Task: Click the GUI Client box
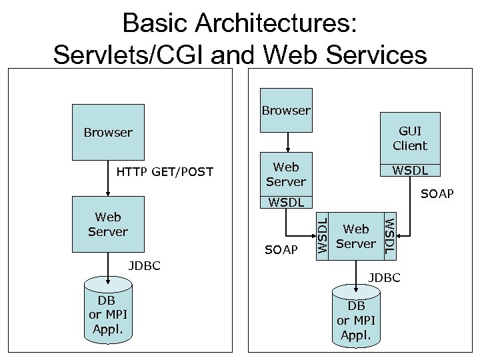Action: coord(409,138)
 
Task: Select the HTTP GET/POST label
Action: coord(165,172)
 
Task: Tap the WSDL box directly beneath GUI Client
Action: coord(409,171)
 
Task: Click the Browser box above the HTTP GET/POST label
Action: coord(108,132)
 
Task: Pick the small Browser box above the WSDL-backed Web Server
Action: coord(286,110)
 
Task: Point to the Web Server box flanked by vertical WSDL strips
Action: coord(355,237)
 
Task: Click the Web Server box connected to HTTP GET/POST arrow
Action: coord(108,225)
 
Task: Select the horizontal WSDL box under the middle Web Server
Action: coord(286,201)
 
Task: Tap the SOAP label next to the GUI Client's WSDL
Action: coord(437,193)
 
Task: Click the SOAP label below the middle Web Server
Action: coord(281,249)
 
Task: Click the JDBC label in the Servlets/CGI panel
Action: coord(143,266)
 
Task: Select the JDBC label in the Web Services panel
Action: coord(385,277)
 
